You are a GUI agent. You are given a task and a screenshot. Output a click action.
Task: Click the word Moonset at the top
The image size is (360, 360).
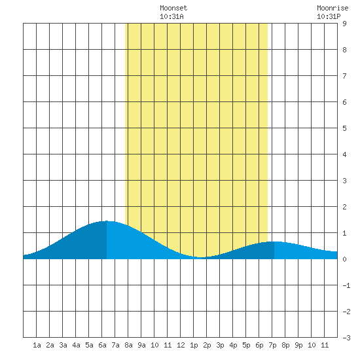click(x=173, y=8)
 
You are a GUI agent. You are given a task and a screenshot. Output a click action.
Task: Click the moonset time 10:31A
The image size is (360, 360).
click(x=171, y=16)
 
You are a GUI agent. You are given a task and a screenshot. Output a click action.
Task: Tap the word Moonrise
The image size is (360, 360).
click(x=333, y=8)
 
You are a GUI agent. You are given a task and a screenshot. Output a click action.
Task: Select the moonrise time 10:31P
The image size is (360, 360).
click(x=329, y=16)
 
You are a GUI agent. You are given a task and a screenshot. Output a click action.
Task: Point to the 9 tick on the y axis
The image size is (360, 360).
click(x=344, y=24)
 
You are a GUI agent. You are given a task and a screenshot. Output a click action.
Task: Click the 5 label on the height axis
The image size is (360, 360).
click(x=344, y=128)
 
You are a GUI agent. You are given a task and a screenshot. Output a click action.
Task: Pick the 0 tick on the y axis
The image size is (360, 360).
click(x=344, y=259)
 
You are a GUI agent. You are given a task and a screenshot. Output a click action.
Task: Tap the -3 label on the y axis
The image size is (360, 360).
click(x=346, y=338)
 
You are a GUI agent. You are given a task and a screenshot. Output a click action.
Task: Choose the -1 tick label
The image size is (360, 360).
click(x=346, y=285)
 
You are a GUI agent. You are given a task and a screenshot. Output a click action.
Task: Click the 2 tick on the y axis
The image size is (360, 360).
click(x=344, y=207)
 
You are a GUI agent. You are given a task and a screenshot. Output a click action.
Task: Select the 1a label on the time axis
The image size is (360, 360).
click(x=37, y=345)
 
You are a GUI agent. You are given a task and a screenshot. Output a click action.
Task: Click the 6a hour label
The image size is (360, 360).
click(x=102, y=345)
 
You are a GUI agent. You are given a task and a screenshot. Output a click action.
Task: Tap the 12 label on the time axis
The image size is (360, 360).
click(x=181, y=345)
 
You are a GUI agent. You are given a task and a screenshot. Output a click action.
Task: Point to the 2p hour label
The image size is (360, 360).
click(x=207, y=345)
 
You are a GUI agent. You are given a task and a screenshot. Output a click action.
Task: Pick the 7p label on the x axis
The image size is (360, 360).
click(x=272, y=345)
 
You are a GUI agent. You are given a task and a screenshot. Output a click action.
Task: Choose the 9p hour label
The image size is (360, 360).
click(x=298, y=345)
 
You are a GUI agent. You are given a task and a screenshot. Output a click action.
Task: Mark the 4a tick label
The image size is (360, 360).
click(x=76, y=345)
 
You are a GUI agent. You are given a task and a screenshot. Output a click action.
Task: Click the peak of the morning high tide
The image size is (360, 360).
click(x=107, y=221)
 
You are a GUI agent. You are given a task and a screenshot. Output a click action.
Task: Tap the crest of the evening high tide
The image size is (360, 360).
click(x=274, y=242)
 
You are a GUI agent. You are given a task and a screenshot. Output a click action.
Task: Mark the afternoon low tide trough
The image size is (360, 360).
click(x=202, y=257)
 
